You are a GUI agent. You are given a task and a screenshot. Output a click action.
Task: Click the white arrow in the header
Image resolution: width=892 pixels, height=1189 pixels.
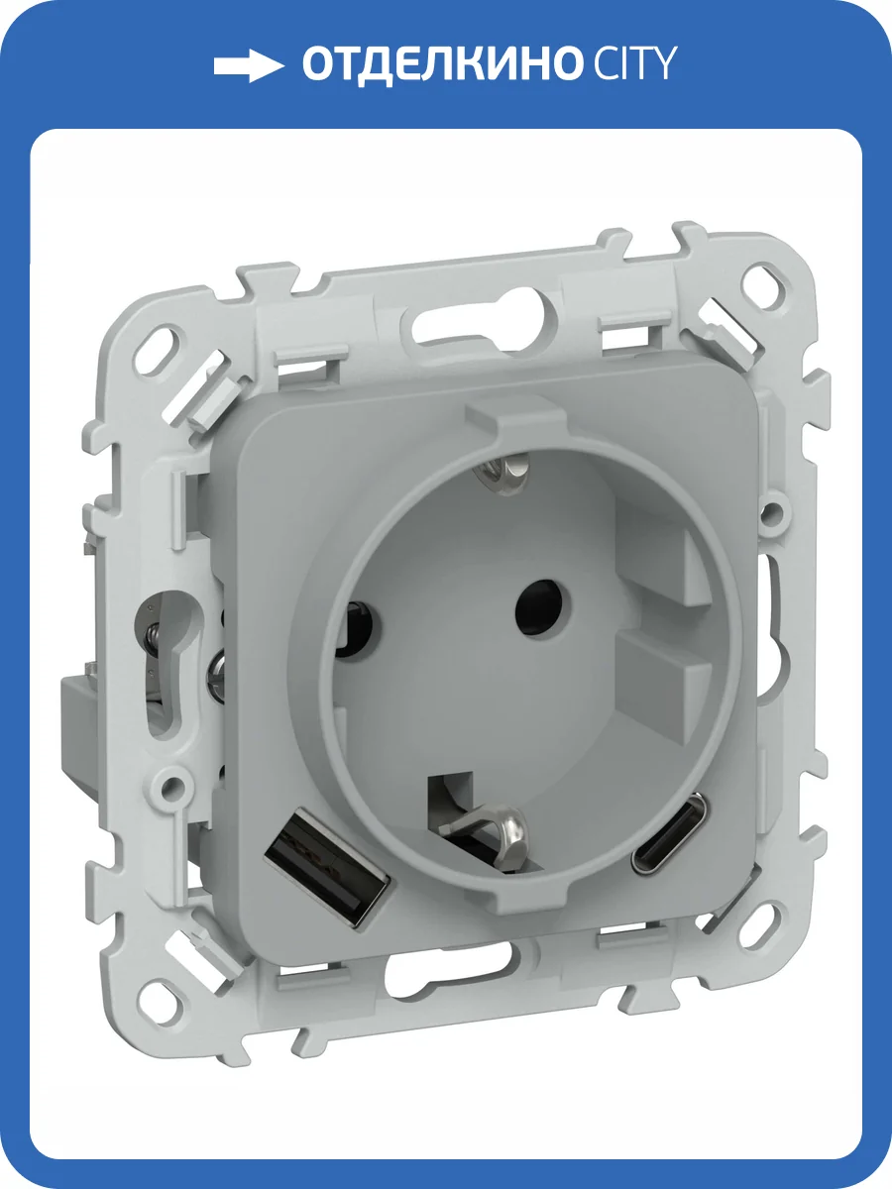(x=248, y=65)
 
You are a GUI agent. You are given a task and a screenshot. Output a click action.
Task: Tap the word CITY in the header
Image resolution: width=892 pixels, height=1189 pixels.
(x=634, y=62)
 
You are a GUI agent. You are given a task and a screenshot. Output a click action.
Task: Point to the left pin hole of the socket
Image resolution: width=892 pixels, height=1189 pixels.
(x=358, y=629)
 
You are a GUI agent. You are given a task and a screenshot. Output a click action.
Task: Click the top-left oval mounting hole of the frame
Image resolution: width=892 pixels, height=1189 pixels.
(x=161, y=343)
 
